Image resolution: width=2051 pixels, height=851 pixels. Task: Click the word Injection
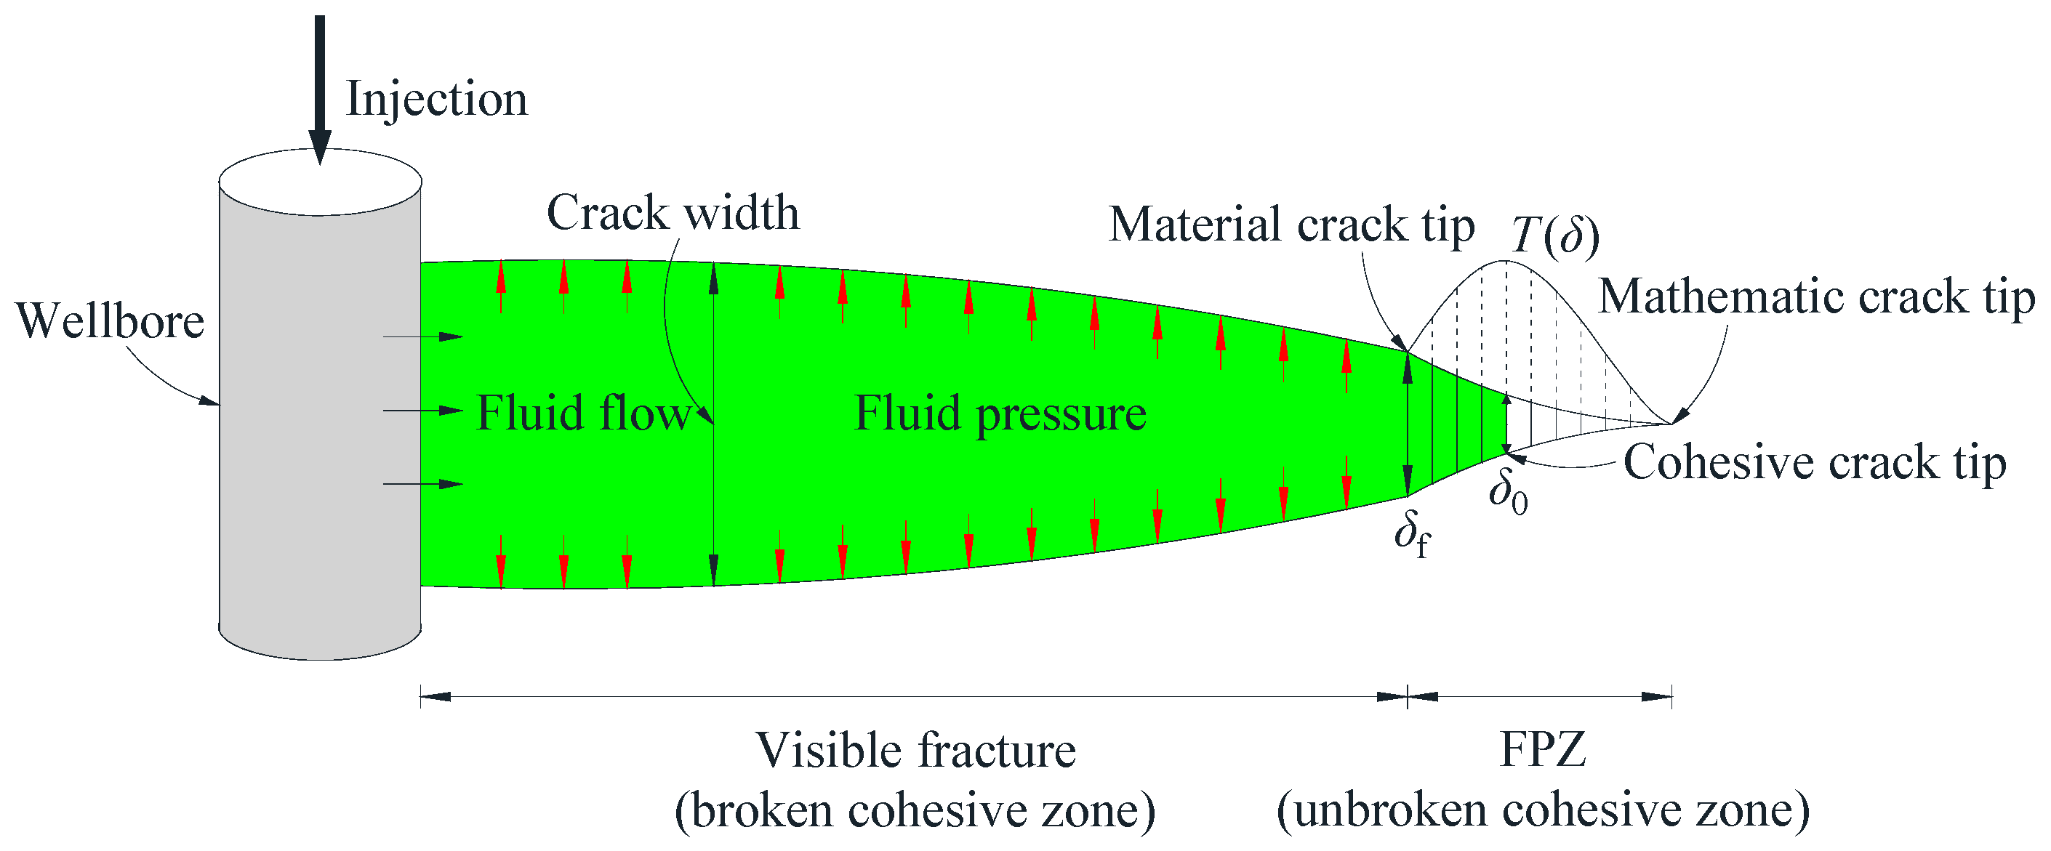[x=436, y=100]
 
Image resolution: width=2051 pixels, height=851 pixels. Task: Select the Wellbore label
[x=110, y=322]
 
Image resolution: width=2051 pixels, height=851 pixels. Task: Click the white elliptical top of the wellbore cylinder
[x=320, y=183]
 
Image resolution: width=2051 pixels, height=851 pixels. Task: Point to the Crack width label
[x=673, y=214]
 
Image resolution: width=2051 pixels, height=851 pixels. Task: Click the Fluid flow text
[x=584, y=414]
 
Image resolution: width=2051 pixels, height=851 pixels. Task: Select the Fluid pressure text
[x=1000, y=414]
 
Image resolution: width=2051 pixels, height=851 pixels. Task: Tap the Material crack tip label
[x=1291, y=225]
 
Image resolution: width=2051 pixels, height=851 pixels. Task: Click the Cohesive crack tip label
[x=1815, y=462]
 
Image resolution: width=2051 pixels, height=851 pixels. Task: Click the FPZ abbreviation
[x=1542, y=749]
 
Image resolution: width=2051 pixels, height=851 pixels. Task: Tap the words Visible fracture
[x=915, y=751]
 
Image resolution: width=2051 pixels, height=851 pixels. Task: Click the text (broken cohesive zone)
[x=915, y=811]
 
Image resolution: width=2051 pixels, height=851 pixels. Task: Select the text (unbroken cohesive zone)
[x=1543, y=810]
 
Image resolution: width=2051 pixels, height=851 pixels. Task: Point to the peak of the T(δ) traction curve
[x=1505, y=261]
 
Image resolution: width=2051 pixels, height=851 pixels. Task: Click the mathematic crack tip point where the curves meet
[x=1671, y=423]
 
